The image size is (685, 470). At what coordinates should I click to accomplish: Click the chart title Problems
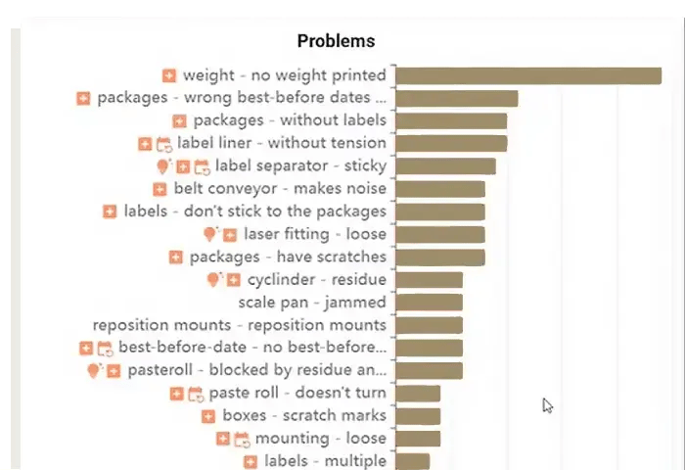coord(336,41)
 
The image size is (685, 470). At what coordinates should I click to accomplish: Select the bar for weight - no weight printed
coord(528,75)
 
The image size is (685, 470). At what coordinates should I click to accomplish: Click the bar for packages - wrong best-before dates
coord(456,98)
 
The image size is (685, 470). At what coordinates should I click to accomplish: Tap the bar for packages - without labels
coord(451,120)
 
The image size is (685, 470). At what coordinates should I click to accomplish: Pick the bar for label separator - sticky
coord(445,166)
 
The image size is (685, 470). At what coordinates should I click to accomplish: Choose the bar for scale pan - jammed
coord(429,303)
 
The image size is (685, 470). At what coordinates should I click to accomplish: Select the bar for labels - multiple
coord(412,461)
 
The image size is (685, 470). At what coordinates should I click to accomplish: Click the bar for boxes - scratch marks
coord(418,416)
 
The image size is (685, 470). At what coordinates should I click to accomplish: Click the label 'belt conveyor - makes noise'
coord(280,189)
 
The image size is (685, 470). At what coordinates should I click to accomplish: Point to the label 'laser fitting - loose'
coord(315,234)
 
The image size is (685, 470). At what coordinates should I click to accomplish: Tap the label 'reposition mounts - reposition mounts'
coord(240,325)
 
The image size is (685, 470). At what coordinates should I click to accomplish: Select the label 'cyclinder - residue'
coord(317,280)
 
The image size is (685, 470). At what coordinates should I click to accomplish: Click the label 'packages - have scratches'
coord(288,257)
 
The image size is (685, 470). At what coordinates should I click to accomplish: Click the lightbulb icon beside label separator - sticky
coord(163,166)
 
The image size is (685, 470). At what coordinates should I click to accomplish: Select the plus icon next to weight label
coord(169,75)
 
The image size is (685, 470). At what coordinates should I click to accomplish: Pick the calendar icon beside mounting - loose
coord(241,439)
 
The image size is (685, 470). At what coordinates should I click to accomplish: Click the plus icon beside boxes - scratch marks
coord(208,416)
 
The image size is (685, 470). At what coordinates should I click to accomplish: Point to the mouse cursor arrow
coord(548,405)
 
